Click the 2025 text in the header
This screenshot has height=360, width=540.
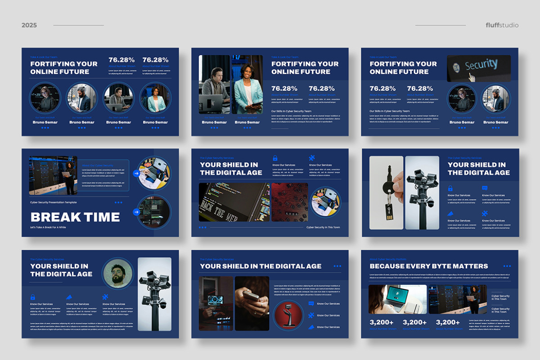[x=29, y=25]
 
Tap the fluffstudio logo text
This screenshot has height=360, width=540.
[x=502, y=25]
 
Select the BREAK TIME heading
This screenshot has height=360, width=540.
[x=75, y=217]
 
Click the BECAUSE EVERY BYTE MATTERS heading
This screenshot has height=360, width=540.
[x=428, y=266]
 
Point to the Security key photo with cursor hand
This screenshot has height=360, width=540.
[x=478, y=68]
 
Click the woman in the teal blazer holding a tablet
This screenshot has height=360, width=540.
[x=247, y=90]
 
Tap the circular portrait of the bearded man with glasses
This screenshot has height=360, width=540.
[x=117, y=274]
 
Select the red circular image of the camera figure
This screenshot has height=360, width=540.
[x=288, y=315]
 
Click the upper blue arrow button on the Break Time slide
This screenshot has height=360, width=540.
[x=136, y=173]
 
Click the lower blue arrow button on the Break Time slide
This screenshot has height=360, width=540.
[x=136, y=212]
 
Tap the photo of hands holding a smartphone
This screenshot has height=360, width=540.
[x=252, y=302]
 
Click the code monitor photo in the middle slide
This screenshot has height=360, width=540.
[x=234, y=202]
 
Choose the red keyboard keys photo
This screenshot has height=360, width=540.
[x=289, y=202]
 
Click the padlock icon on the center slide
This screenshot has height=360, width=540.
[x=275, y=158]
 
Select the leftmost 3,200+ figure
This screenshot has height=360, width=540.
[x=382, y=322]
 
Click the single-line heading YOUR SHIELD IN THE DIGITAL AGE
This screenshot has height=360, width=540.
[x=261, y=266]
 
